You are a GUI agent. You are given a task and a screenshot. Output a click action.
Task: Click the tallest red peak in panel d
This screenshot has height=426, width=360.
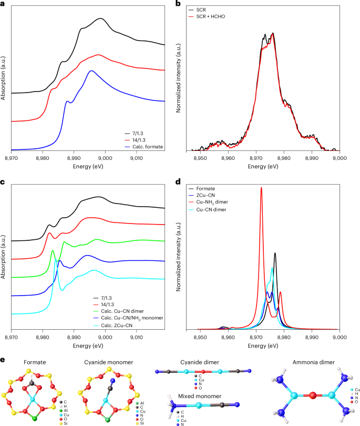click(261, 188)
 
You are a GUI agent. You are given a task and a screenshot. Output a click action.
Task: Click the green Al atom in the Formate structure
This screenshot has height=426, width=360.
click(34, 419)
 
